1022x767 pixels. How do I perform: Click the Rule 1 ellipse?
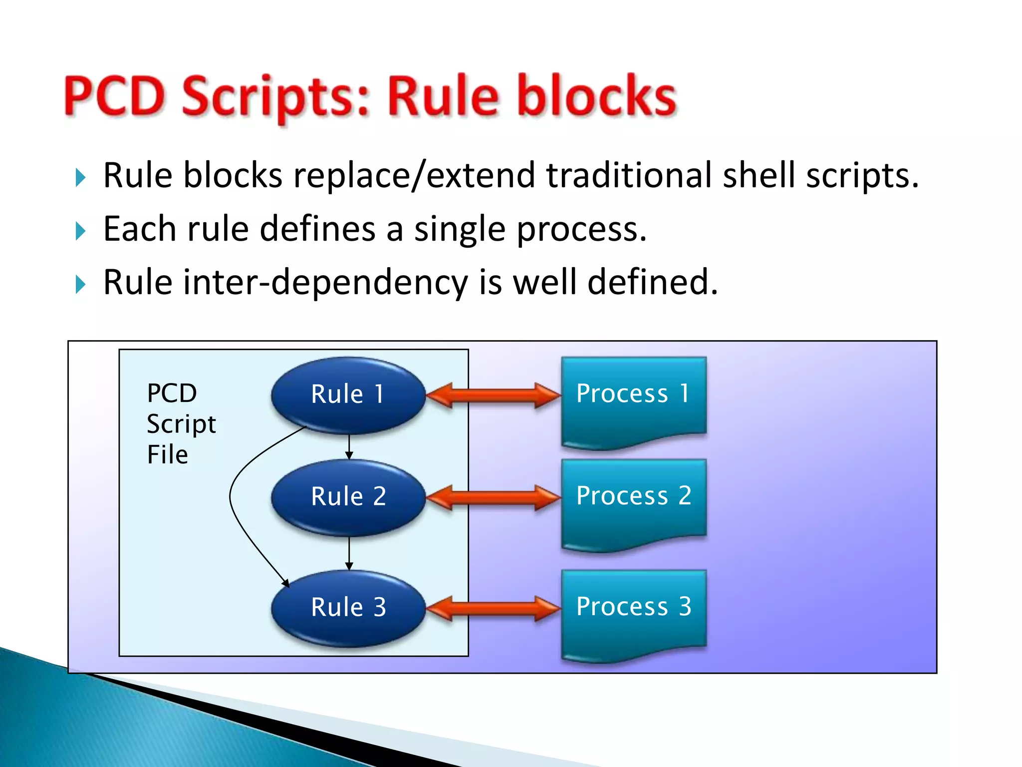348,394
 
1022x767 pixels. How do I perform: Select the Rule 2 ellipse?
348,497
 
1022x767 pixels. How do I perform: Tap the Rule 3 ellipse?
348,608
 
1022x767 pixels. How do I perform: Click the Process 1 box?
634,399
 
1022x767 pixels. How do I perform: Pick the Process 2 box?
634,502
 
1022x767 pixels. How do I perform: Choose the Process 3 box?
634,613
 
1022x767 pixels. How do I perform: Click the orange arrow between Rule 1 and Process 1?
494,395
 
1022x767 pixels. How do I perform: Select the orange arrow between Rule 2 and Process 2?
494,498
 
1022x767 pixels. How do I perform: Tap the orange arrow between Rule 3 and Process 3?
494,609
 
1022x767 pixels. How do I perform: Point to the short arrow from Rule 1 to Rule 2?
349,447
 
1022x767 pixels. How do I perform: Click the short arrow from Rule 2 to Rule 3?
349,553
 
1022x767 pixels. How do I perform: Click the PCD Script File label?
181,424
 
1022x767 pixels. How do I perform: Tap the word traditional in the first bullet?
629,176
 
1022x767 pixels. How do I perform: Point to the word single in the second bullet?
460,230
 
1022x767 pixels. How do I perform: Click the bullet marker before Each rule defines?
81,231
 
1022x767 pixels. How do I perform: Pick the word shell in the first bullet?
759,176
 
